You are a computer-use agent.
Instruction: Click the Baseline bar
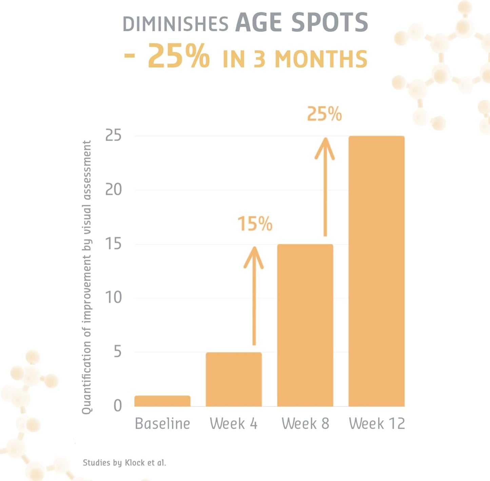(x=162, y=401)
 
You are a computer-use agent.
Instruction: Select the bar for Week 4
(x=234, y=379)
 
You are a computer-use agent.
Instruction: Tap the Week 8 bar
(x=305, y=325)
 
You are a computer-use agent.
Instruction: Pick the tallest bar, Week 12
(x=376, y=271)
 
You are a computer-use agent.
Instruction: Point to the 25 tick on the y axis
(x=113, y=136)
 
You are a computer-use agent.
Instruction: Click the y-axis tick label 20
(x=113, y=190)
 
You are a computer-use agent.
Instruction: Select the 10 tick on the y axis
(x=113, y=297)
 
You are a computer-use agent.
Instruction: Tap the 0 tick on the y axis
(x=117, y=405)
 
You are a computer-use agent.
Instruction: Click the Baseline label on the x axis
(x=162, y=424)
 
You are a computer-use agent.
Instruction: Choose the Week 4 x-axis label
(x=234, y=424)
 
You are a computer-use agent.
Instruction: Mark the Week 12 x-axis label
(x=377, y=424)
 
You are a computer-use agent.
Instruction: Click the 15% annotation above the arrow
(x=255, y=224)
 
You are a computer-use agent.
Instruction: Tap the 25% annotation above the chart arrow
(x=325, y=114)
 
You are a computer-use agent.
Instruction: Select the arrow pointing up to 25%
(x=325, y=187)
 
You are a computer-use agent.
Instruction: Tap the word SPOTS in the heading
(x=330, y=23)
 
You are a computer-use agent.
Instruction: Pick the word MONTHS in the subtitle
(x=321, y=59)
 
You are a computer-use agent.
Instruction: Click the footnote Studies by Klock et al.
(x=124, y=463)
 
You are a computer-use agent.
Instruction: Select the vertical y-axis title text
(x=87, y=277)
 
